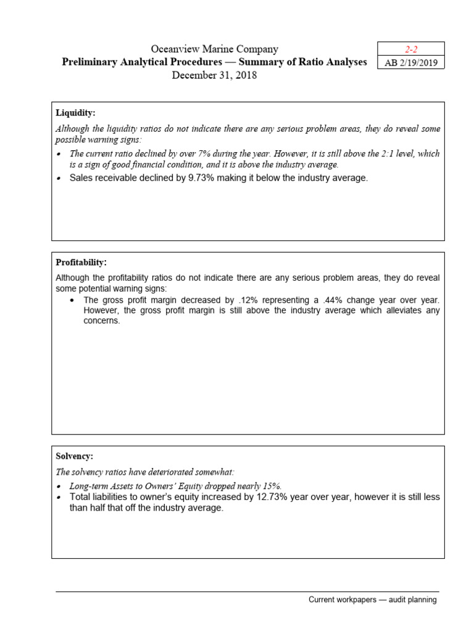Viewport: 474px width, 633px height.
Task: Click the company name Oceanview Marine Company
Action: click(x=215, y=49)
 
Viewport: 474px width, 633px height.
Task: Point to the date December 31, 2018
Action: click(x=214, y=75)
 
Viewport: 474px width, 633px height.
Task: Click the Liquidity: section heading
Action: click(x=75, y=113)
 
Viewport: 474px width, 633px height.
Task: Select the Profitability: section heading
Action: click(x=81, y=263)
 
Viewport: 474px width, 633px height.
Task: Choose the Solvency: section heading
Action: click(x=75, y=456)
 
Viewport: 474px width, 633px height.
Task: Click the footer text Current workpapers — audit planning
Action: click(x=373, y=600)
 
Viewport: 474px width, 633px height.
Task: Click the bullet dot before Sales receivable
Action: click(x=59, y=179)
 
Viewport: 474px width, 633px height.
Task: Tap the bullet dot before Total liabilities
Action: click(x=59, y=498)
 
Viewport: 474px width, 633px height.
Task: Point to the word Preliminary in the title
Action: click(x=89, y=62)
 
